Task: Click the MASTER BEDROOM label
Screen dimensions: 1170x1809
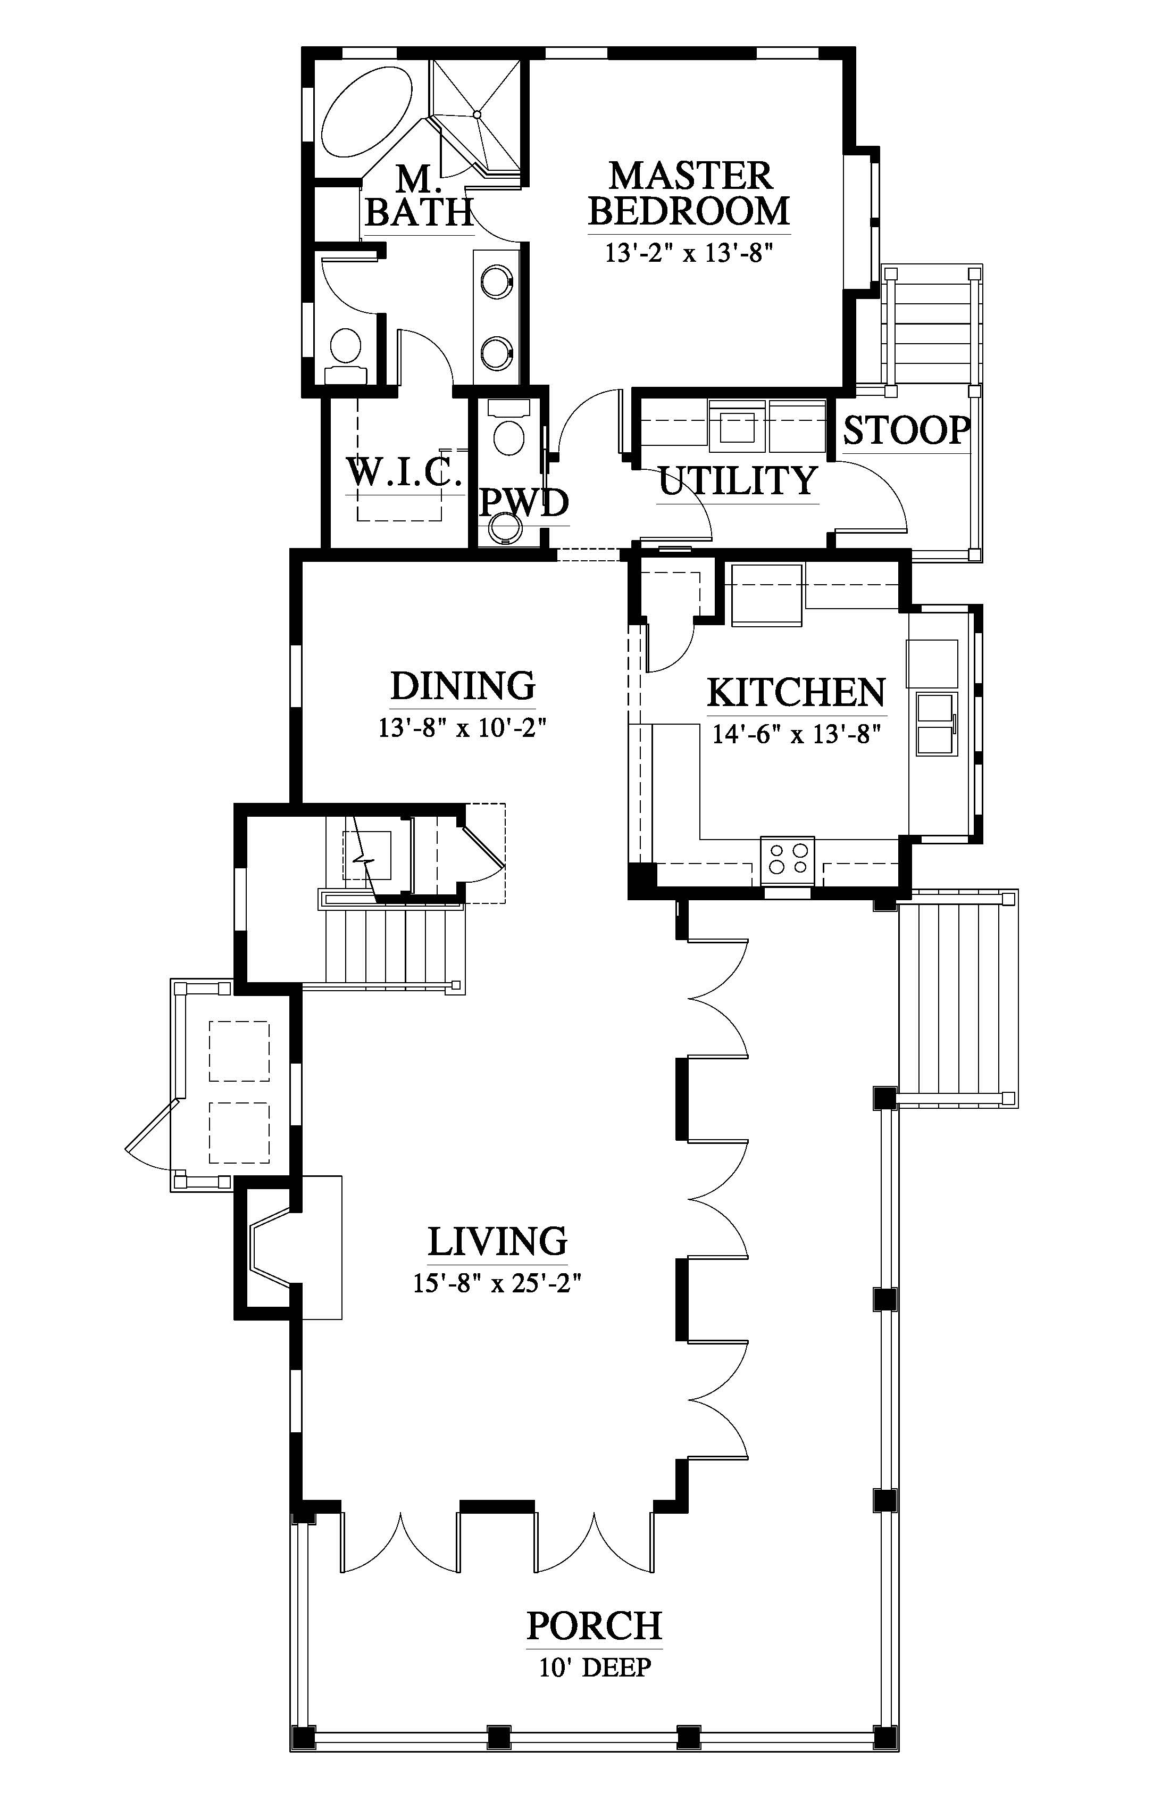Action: click(x=689, y=194)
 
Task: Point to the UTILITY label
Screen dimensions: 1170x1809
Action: click(x=738, y=480)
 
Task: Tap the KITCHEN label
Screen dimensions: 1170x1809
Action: click(x=796, y=692)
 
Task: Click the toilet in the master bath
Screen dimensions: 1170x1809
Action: click(x=346, y=356)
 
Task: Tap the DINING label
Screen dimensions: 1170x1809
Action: click(x=463, y=686)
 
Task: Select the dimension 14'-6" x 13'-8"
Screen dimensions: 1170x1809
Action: click(x=796, y=735)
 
